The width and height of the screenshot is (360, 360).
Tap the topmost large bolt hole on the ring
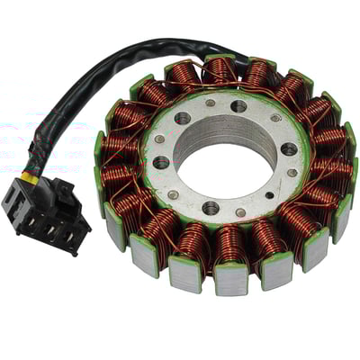[x=238, y=106]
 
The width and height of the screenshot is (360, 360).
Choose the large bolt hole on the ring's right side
[x=289, y=149]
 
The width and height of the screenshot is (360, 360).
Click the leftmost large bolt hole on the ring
[x=161, y=163]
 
